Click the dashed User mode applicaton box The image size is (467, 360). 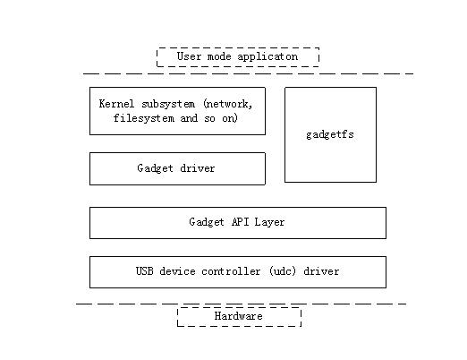[237, 57]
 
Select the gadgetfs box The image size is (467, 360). [330, 134]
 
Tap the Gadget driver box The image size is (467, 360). [177, 168]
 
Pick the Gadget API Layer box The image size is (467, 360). [237, 223]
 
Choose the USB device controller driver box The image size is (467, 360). [237, 272]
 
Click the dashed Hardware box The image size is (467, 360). [239, 317]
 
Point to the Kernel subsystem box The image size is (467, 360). [177, 111]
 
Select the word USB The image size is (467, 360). [145, 271]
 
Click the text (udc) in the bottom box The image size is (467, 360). [281, 271]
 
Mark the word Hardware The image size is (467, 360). [239, 317]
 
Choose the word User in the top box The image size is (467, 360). [189, 56]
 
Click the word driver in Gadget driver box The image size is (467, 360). [198, 168]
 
